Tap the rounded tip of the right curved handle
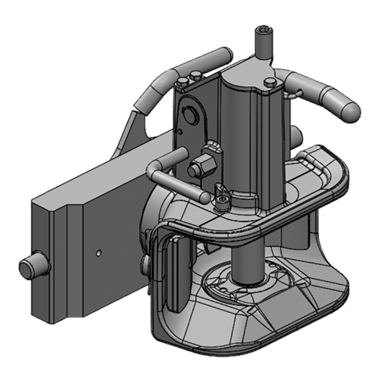click(x=350, y=112)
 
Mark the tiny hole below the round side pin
click(x=179, y=131)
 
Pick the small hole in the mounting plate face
click(x=98, y=252)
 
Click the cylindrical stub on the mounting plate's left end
click(x=32, y=268)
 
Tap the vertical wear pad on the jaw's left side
click(x=175, y=273)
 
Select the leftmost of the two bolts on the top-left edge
click(x=182, y=81)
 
